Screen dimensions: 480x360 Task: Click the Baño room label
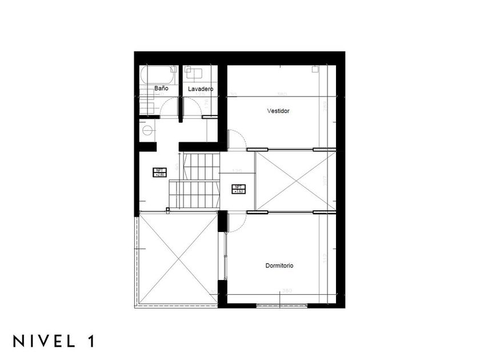[161, 89]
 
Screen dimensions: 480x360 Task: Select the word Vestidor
[279, 111]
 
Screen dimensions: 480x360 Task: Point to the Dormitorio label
[279, 266]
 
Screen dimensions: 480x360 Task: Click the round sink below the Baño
[149, 130]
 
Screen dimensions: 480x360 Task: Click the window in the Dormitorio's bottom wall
[282, 305]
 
